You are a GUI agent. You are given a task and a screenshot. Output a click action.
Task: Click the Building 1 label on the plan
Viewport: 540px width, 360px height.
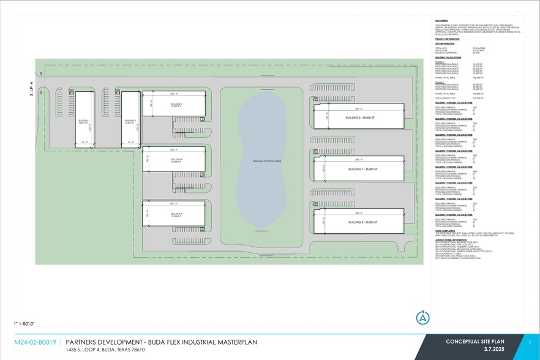[x=84, y=122]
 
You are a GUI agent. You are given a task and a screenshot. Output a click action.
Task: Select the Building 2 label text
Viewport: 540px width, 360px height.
[x=130, y=122]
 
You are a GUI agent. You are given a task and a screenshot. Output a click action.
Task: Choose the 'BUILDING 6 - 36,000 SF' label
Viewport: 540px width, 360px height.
[x=360, y=117]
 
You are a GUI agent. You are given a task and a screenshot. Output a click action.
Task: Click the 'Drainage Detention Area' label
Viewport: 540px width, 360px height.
[x=269, y=160]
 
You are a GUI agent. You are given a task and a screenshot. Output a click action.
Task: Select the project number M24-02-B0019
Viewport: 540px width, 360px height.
[x=36, y=342]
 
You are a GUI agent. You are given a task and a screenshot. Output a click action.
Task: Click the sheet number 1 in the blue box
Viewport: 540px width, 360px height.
[x=530, y=342]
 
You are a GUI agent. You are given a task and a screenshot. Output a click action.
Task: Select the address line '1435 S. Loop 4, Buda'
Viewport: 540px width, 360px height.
[x=105, y=350]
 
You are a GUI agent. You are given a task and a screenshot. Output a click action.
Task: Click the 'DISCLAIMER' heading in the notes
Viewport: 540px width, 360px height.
[x=442, y=20]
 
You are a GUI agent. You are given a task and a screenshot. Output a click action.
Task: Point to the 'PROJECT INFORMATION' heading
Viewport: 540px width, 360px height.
[x=447, y=39]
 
